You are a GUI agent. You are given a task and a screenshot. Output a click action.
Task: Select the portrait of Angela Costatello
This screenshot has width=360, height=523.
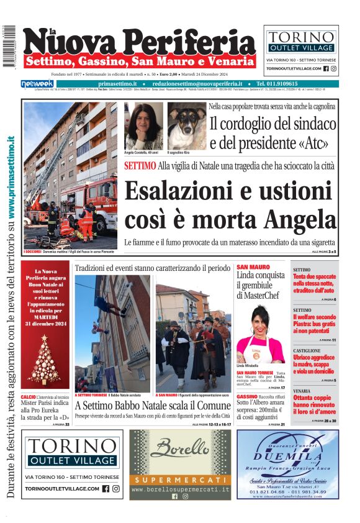tap(143, 126)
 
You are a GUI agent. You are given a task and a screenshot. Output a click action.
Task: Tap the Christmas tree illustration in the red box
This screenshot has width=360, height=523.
tap(46, 360)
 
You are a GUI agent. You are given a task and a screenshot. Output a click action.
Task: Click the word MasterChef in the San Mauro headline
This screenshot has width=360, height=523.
tap(261, 295)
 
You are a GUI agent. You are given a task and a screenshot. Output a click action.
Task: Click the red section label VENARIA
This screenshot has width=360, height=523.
tap(302, 391)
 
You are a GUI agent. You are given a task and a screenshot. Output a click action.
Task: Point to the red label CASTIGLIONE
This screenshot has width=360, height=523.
tap(307, 351)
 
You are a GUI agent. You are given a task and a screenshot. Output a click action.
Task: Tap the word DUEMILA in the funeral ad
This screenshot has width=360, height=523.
tap(287, 455)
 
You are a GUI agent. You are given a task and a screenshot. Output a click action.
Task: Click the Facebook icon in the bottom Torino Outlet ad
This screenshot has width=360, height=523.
tap(106, 489)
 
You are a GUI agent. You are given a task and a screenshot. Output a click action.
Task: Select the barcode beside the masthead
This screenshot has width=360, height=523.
tap(8, 47)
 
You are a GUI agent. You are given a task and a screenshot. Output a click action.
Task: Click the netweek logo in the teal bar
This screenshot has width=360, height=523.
tap(38, 84)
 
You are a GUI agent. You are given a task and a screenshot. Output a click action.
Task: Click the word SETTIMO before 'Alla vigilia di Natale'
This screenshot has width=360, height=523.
tap(140, 166)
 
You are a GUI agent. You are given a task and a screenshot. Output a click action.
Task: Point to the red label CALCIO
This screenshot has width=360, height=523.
tap(28, 396)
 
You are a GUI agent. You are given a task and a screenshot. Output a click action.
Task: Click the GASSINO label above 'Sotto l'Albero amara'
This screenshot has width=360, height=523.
tap(247, 396)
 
